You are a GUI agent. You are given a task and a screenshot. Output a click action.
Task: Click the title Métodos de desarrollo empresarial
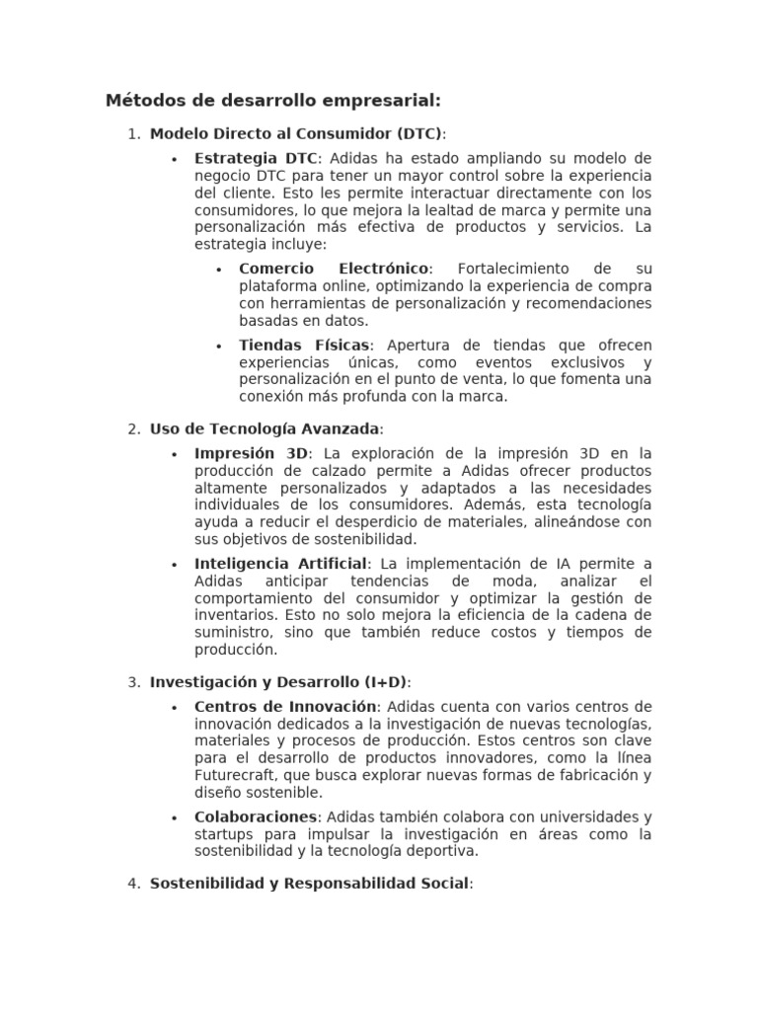[272, 101]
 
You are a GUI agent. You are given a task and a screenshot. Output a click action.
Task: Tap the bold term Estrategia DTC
[257, 158]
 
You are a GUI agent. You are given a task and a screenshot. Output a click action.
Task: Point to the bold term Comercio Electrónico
[334, 269]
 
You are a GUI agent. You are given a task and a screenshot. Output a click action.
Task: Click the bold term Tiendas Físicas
[304, 345]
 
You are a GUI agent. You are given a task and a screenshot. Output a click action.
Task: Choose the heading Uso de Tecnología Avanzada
[265, 428]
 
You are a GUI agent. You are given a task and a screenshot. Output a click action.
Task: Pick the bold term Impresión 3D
[252, 453]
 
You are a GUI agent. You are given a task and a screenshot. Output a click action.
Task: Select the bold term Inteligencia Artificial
[280, 564]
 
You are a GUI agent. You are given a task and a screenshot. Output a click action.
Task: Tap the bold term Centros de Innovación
[285, 707]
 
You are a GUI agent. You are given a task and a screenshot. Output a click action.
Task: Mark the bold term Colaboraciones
[257, 817]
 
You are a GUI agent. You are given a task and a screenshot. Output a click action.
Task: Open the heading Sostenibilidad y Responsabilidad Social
[310, 884]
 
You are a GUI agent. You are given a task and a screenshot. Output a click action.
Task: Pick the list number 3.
[134, 682]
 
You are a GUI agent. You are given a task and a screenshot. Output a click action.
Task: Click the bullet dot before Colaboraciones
[174, 818]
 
